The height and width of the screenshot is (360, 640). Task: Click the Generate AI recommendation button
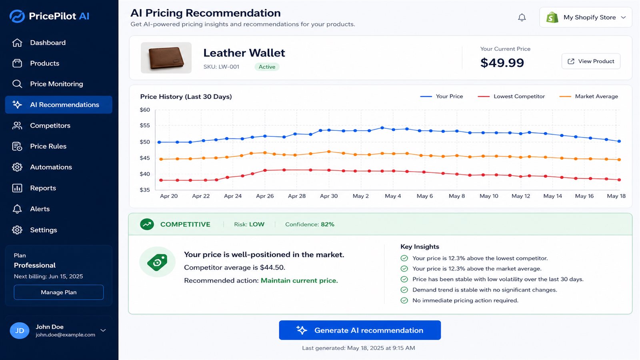click(360, 330)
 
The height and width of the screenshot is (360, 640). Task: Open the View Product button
click(591, 61)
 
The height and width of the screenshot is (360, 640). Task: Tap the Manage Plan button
click(58, 292)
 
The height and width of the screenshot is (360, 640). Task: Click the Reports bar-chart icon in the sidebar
click(17, 188)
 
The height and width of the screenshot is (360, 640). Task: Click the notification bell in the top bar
click(522, 18)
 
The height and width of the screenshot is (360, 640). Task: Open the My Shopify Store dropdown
click(586, 18)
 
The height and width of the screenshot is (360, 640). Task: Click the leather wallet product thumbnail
click(166, 58)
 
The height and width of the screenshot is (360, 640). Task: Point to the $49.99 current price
click(502, 62)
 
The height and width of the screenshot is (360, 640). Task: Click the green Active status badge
click(267, 66)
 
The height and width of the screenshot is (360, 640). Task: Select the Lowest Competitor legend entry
click(511, 96)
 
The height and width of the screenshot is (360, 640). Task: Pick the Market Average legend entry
click(588, 96)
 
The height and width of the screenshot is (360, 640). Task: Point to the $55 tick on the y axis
click(144, 126)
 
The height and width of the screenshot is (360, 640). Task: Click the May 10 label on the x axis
click(488, 196)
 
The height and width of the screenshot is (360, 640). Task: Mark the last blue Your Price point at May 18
click(619, 141)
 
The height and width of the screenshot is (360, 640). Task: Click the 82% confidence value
click(328, 224)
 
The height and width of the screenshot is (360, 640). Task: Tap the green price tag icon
click(157, 262)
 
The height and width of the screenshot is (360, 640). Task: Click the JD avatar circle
click(20, 330)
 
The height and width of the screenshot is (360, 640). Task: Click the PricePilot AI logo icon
click(17, 16)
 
